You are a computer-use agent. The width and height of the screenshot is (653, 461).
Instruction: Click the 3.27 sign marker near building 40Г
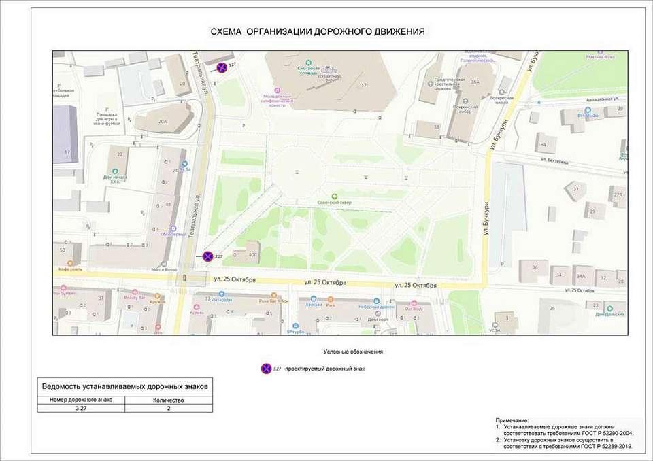(207, 256)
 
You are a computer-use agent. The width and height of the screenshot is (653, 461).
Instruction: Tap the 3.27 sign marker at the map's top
(222, 67)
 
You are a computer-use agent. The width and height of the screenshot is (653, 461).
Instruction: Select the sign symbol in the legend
(266, 369)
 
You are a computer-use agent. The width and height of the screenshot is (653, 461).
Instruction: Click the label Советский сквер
(333, 203)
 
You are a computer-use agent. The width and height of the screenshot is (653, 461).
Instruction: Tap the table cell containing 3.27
(81, 409)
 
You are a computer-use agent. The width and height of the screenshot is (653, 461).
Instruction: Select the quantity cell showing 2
(169, 409)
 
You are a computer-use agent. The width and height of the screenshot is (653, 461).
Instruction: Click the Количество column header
(169, 400)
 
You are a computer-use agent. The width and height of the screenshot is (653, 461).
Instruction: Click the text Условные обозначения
(354, 352)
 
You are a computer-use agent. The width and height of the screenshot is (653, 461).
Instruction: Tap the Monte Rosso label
(164, 270)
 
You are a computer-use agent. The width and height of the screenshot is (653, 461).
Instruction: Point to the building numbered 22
(120, 155)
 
